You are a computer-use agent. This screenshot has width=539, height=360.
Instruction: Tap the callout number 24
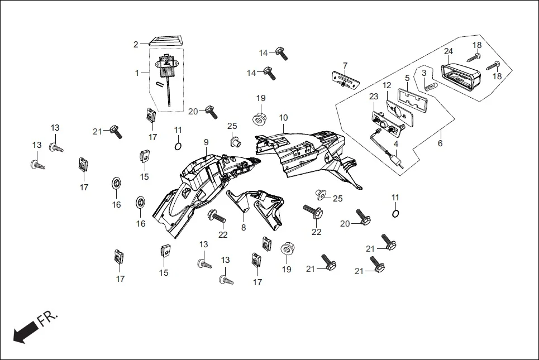(x=448, y=51)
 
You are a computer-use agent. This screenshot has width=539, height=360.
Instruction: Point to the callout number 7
(x=345, y=65)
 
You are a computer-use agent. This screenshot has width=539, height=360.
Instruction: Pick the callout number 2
(x=135, y=44)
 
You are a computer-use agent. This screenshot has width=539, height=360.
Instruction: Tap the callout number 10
(x=284, y=118)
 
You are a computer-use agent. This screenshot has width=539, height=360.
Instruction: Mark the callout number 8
(x=244, y=227)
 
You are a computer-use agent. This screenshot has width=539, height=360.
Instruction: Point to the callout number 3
(x=424, y=73)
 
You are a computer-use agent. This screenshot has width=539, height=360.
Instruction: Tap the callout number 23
(x=374, y=97)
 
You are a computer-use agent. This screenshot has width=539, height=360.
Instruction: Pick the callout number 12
(x=387, y=85)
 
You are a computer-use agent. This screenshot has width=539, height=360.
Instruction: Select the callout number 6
(x=440, y=143)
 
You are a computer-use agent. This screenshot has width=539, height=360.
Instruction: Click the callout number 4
(x=395, y=143)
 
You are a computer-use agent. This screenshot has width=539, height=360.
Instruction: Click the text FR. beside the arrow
(x=47, y=319)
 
